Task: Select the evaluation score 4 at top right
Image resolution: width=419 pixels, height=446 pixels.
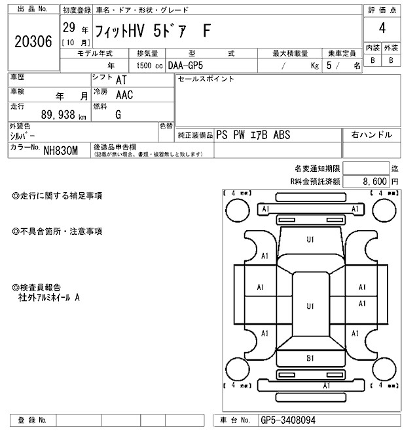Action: coord(381,29)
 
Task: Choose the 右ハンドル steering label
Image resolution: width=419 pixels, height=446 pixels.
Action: coord(371,134)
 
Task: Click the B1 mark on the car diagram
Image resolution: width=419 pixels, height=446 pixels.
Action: coord(310,358)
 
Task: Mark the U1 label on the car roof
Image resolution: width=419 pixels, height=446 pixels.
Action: coord(310,306)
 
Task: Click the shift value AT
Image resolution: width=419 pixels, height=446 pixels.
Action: coord(121,80)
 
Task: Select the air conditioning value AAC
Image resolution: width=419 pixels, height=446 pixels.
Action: coord(124,95)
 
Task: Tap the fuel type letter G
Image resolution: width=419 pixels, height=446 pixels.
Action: coord(118,114)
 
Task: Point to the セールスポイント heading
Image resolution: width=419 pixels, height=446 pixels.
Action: coord(206,79)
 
